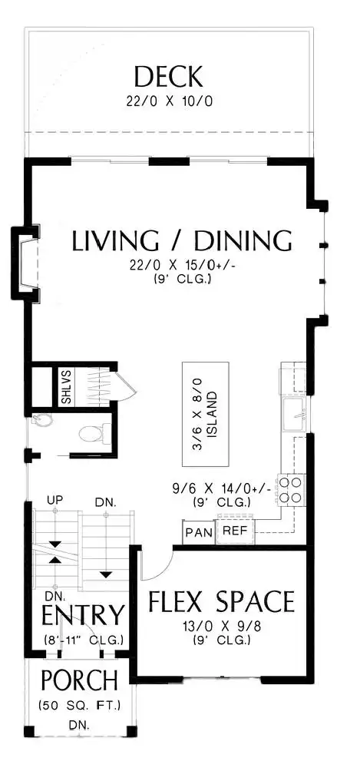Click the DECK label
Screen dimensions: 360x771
point(168,78)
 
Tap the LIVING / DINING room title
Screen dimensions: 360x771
point(182,240)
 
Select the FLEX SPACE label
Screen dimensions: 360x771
point(221,601)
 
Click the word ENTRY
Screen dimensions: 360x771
point(83,614)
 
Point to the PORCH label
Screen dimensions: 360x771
point(79,680)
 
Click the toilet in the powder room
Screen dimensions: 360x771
point(91,433)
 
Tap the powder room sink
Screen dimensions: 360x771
point(38,420)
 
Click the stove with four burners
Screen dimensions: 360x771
point(290,489)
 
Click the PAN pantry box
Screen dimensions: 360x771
point(199,532)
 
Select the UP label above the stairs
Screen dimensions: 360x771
point(54,500)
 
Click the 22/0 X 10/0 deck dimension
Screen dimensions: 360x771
point(169,102)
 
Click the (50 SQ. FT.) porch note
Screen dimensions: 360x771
point(79,706)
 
